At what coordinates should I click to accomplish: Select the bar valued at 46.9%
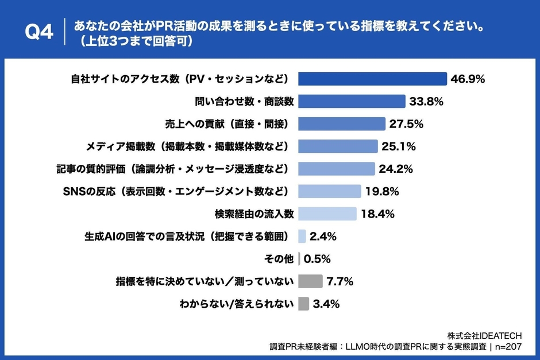373,79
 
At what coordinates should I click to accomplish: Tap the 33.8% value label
426,102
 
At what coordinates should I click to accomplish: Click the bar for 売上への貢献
342,124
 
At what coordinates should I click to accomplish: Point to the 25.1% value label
398,146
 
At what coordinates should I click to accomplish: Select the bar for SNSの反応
330,191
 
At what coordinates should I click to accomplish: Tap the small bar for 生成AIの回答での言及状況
302,236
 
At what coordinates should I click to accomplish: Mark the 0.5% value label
317,259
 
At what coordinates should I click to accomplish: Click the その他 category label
279,259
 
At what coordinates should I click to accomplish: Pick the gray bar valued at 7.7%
311,281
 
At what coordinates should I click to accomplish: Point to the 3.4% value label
326,304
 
